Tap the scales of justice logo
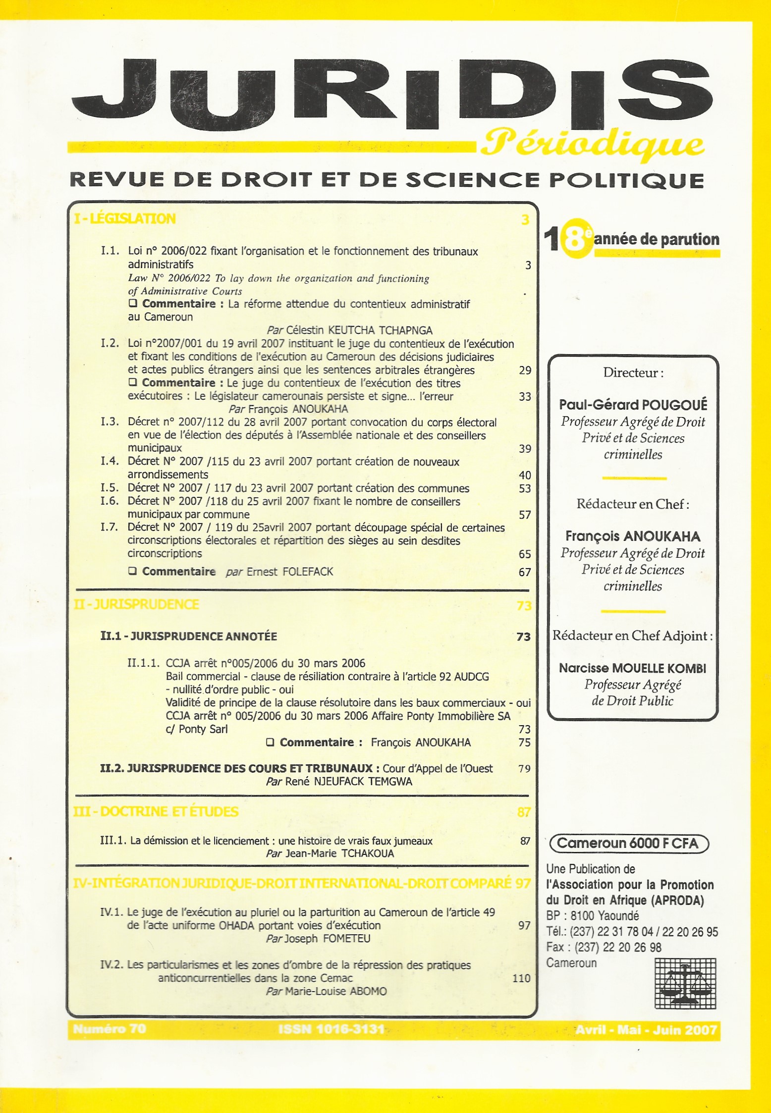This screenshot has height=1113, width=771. [x=685, y=984]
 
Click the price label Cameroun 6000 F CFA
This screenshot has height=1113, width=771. [x=628, y=844]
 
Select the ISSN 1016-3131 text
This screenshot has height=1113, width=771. [x=331, y=1029]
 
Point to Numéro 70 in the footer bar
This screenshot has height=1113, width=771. [x=110, y=1029]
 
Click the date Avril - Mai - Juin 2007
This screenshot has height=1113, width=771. [x=646, y=1030]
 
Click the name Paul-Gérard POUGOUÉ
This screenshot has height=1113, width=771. [x=633, y=405]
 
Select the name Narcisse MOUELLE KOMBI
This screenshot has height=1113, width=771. [x=632, y=668]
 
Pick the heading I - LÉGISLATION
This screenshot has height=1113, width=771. [x=125, y=219]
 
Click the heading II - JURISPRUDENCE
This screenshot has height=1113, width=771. [x=136, y=604]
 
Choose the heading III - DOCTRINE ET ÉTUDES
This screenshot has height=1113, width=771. [x=156, y=811]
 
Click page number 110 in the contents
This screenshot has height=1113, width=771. [x=521, y=978]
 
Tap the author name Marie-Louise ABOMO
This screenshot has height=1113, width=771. [x=336, y=991]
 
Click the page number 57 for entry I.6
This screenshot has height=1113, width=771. [x=525, y=515]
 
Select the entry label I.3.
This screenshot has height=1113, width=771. [x=110, y=422]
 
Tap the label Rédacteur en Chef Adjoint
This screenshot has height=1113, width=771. [x=632, y=636]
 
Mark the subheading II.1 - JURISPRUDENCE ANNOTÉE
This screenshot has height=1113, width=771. [x=189, y=636]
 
